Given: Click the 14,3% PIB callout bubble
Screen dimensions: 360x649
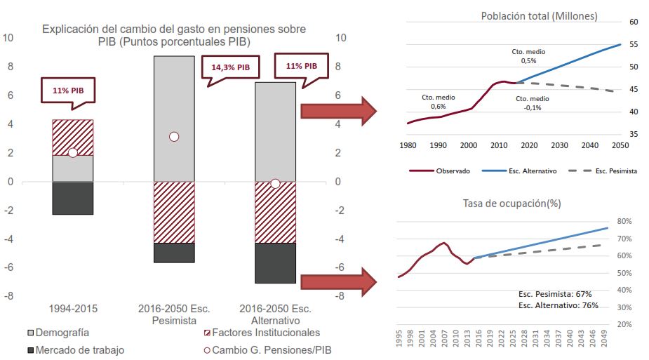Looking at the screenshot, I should tap(230, 67).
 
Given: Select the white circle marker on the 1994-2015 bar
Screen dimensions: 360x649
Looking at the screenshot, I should tap(72, 153).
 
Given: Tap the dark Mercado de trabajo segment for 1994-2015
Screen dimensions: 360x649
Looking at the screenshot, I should tap(73, 198).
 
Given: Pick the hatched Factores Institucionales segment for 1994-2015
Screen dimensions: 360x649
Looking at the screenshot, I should tap(73, 138).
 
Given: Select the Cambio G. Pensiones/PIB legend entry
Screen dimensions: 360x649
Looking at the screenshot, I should tap(267, 350).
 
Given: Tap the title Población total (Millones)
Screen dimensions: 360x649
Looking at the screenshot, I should tap(539, 16).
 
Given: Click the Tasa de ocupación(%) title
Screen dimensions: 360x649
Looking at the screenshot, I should tap(512, 204).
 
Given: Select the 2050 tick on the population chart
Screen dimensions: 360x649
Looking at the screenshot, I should tap(620, 145).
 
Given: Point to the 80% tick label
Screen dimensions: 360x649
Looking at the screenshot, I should tap(624, 221).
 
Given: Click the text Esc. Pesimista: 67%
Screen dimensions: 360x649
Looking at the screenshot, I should tap(555, 293).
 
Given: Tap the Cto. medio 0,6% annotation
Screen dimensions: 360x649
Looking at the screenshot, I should tap(438, 101).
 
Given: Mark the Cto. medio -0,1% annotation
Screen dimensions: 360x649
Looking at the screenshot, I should tap(534, 104).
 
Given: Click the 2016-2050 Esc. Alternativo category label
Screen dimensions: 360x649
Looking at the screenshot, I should tap(275, 314).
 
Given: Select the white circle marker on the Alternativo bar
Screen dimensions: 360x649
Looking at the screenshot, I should tap(275, 183).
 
